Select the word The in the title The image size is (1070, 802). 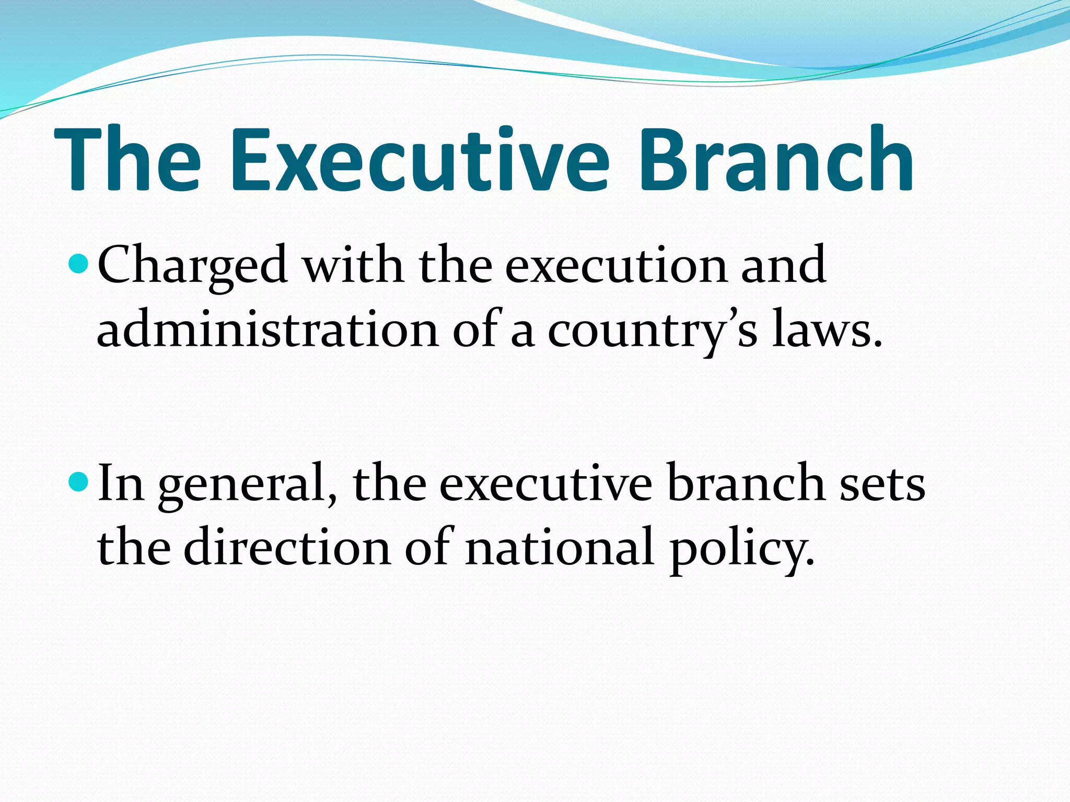[x=127, y=159]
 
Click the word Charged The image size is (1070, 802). [x=192, y=266]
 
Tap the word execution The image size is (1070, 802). [x=617, y=266]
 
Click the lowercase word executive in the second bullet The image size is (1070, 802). [x=545, y=485]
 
